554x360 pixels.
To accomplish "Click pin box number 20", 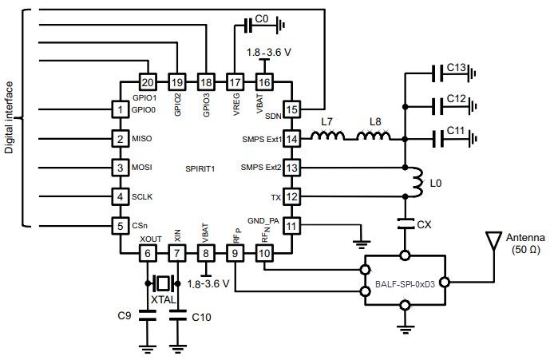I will (147, 82).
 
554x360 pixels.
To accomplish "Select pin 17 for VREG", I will (235, 82).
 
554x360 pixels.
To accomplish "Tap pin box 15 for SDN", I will (292, 109).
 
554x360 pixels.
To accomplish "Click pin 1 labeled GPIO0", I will (120, 109).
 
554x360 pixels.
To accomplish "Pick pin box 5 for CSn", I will (120, 226).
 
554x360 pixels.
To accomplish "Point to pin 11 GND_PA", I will (292, 226).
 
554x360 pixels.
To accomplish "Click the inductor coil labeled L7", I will (327, 138).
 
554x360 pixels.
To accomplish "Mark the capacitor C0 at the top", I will (249, 26).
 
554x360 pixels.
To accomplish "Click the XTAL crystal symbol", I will (163, 283).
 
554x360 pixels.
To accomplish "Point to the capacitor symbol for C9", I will (147, 316).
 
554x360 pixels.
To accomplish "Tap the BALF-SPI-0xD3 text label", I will (406, 283).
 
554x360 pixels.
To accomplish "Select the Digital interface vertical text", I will (10, 117).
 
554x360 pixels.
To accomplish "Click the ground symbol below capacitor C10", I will (177, 348).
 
